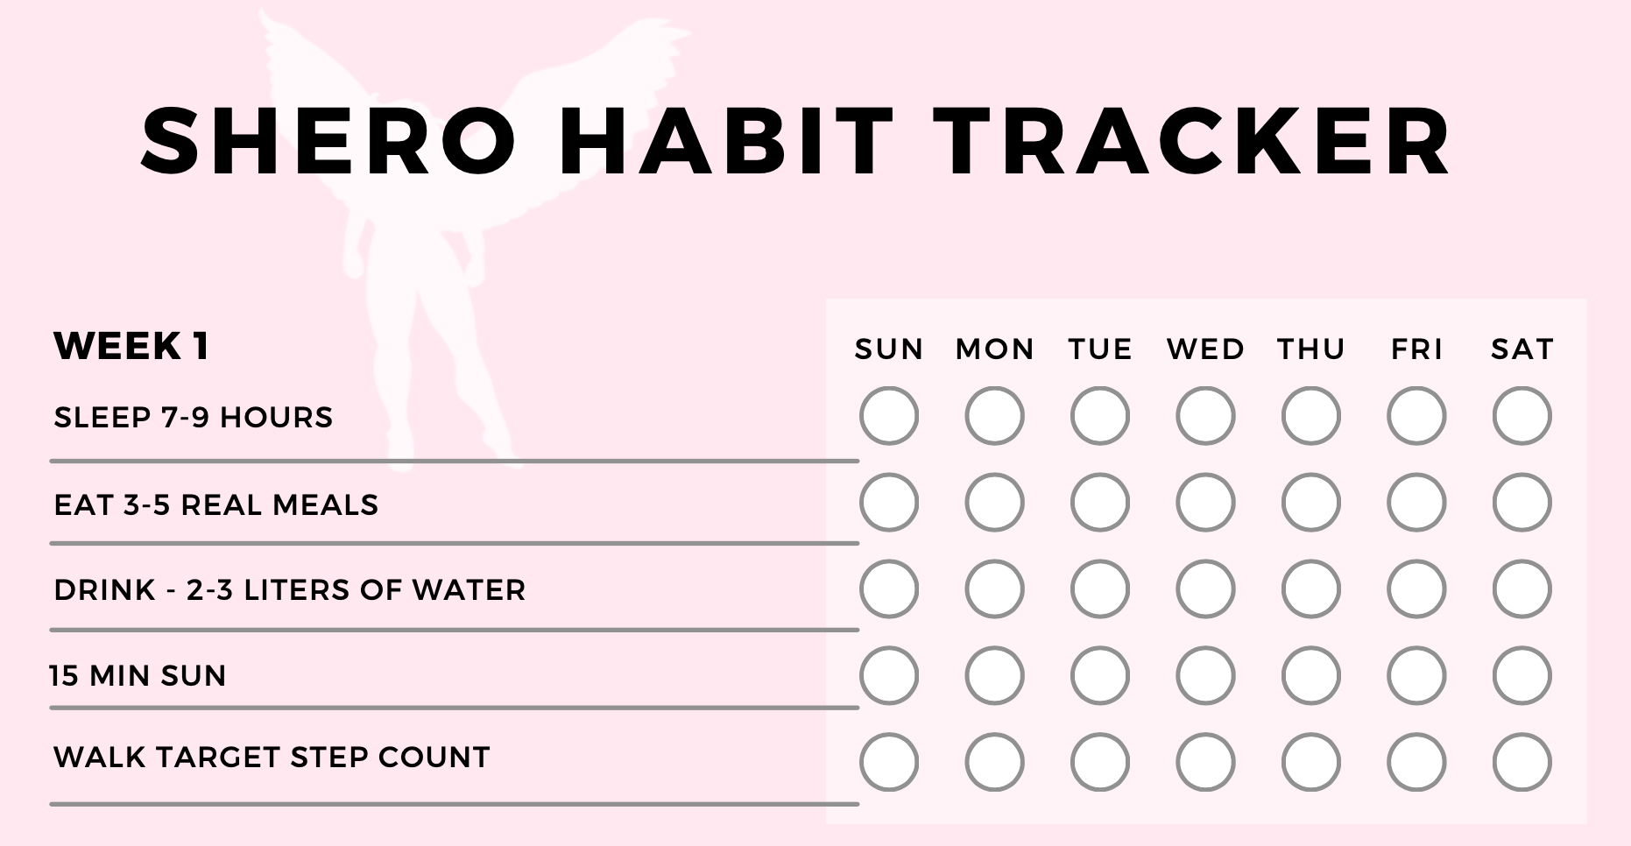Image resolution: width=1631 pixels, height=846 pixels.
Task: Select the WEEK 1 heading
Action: [x=131, y=346]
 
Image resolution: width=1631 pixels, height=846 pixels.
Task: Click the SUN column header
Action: [x=889, y=349]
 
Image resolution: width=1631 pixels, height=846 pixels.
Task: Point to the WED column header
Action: [x=1205, y=349]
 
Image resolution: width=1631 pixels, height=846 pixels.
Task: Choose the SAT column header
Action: [x=1522, y=349]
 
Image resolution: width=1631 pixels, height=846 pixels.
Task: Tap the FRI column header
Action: [x=1416, y=349]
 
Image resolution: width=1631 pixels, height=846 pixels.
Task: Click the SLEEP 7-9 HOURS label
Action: [x=194, y=417]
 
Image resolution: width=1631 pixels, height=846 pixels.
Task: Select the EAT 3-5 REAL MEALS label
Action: [x=216, y=504]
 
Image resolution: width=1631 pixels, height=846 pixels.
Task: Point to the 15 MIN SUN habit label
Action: [x=138, y=675]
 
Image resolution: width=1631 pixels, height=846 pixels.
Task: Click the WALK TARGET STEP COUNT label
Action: [x=272, y=757]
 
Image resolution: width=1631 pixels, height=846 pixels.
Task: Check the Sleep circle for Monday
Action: [x=994, y=416]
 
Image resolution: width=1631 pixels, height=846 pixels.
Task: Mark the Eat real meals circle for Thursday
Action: [x=1311, y=503]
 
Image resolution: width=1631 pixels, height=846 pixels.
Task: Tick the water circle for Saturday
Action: [x=1522, y=589]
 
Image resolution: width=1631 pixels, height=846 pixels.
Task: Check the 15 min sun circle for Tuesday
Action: [x=1100, y=675]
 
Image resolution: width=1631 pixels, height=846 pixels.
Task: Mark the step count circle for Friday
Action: [x=1416, y=762]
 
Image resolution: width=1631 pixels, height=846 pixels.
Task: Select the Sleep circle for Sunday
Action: [x=889, y=416]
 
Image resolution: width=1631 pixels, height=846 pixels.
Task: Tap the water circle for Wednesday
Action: [x=1205, y=589]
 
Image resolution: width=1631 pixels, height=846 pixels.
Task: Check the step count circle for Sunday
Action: [x=889, y=762]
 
